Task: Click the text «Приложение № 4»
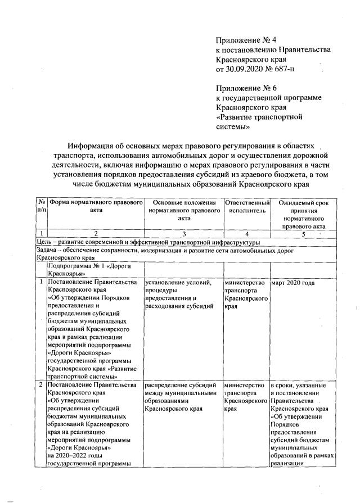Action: pos(246,39)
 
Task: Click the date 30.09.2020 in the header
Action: pos(246,69)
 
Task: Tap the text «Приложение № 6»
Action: pos(246,88)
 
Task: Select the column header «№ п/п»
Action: pos(40,206)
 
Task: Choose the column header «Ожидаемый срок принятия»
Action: pos(303,206)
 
